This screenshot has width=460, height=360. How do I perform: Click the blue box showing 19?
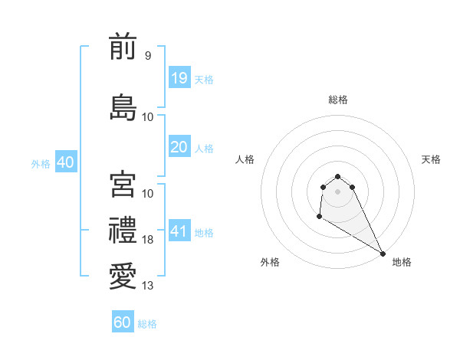pyautogui.click(x=179, y=79)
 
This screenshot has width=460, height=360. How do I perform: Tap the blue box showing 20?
pyautogui.click(x=179, y=148)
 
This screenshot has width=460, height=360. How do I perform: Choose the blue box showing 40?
pyautogui.click(x=65, y=162)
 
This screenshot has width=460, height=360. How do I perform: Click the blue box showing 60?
pyautogui.click(x=123, y=322)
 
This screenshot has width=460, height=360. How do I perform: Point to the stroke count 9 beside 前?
pyautogui.click(x=147, y=55)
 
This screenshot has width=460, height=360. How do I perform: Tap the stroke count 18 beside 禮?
pyautogui.click(x=148, y=240)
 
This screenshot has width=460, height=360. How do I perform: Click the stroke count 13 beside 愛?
pyautogui.click(x=148, y=286)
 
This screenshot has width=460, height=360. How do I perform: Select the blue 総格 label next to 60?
pyautogui.click(x=147, y=324)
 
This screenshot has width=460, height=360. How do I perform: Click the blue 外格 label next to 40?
pyautogui.click(x=41, y=164)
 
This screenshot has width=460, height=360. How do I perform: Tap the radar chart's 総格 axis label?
pyautogui.click(x=337, y=100)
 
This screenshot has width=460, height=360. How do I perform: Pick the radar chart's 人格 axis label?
pyautogui.click(x=245, y=159)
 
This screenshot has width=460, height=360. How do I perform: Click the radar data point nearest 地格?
pyautogui.click(x=383, y=253)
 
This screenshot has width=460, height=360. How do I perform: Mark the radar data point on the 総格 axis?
pyautogui.click(x=337, y=175)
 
